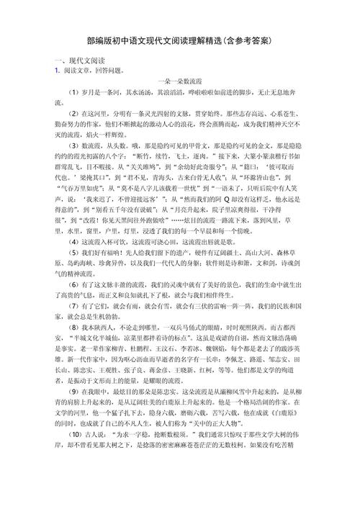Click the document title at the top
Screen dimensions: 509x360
click(x=180, y=40)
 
